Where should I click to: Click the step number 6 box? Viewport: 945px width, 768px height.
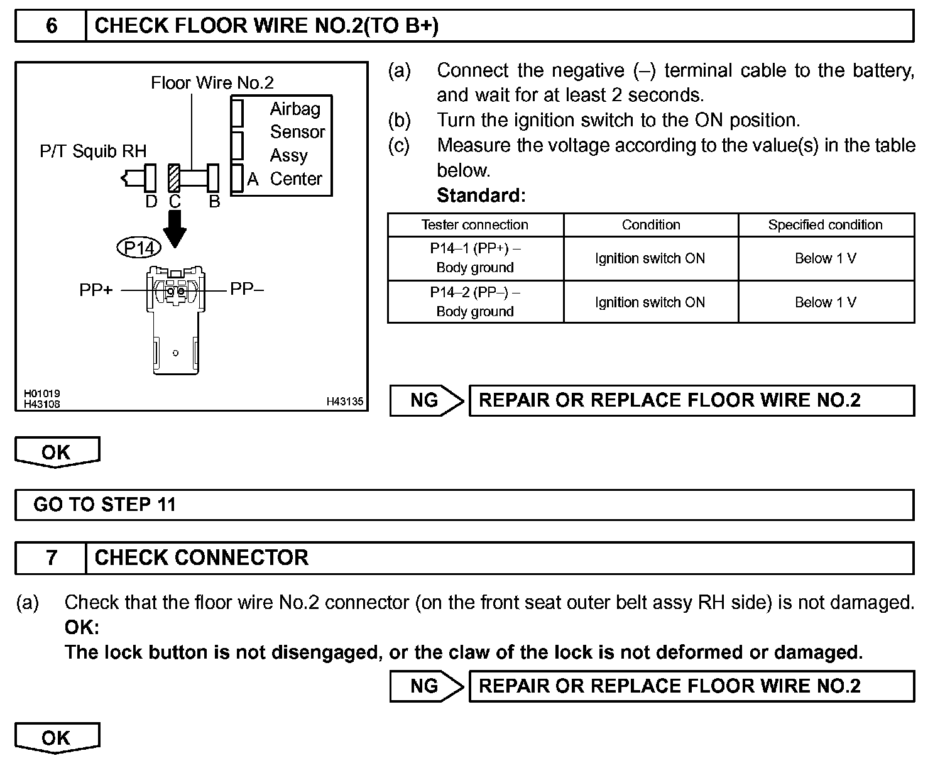click(51, 26)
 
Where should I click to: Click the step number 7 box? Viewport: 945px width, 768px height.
click(51, 557)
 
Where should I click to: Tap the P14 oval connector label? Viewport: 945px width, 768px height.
click(139, 248)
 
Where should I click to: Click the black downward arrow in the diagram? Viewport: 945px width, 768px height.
click(175, 228)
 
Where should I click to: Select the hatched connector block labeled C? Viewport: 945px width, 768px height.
click(174, 178)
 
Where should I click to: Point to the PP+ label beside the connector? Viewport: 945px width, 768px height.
click(96, 290)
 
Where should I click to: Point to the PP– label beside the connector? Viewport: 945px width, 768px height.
click(247, 289)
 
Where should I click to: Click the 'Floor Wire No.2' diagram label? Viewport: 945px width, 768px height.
click(212, 82)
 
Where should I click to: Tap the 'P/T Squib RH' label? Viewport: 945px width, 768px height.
click(93, 151)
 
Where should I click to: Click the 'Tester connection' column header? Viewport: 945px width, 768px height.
click(475, 225)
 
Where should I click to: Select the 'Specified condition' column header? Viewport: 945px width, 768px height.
click(825, 225)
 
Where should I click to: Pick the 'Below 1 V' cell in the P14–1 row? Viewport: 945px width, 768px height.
click(825, 258)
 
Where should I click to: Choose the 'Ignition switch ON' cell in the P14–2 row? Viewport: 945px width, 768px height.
click(650, 302)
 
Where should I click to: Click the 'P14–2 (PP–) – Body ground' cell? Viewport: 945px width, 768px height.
click(475, 302)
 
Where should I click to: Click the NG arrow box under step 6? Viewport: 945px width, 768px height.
click(426, 400)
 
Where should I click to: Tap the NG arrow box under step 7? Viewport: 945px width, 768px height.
click(426, 686)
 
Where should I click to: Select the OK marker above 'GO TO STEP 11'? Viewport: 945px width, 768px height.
click(57, 452)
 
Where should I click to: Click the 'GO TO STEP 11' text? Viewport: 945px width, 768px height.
click(105, 505)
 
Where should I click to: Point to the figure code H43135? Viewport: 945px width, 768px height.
click(344, 402)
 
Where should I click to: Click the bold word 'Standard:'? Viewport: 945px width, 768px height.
click(481, 195)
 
